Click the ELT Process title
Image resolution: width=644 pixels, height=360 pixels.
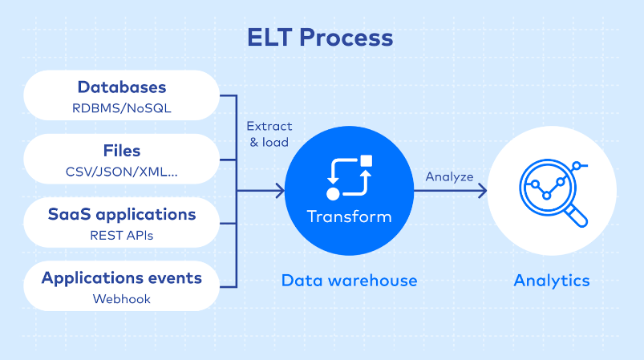320,38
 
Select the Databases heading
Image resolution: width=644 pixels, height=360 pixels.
122,87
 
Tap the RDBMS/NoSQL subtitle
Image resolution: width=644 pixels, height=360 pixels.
122,108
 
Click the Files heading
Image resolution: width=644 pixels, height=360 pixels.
122,151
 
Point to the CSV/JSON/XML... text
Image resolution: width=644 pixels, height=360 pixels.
122,172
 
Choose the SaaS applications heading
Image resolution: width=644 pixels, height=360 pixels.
122,215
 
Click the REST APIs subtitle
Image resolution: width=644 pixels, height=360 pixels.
122,236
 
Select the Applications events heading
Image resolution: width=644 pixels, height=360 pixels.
122,278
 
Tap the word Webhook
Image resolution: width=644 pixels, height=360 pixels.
122,299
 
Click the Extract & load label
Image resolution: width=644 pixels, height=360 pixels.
269,134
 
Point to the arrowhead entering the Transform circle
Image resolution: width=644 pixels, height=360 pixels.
281,191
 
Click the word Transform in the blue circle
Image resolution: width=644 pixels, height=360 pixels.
349,216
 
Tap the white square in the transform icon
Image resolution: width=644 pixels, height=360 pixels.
366,161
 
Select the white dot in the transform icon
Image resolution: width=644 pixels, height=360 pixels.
333,194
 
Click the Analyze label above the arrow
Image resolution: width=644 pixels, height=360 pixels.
449,177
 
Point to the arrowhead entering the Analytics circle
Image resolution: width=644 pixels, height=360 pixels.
483,191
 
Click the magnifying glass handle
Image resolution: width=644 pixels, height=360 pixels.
577,216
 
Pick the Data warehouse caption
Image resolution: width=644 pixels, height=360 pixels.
349,281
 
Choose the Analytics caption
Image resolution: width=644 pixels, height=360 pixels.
552,281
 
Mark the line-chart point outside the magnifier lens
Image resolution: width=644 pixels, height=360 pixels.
577,166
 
